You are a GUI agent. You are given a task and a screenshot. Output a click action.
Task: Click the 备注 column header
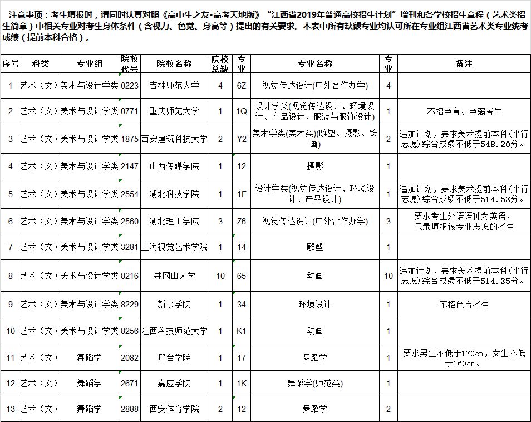click(x=464, y=63)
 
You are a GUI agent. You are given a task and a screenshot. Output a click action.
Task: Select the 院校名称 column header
click(x=174, y=63)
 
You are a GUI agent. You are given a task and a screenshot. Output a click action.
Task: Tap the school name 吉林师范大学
click(x=174, y=85)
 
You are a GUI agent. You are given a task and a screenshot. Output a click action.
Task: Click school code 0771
click(x=129, y=111)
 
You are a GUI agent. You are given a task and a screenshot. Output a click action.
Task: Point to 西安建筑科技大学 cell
click(x=174, y=139)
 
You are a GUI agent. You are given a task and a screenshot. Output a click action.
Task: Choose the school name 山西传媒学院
click(x=174, y=166)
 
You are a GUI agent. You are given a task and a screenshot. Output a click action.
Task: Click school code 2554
click(x=129, y=194)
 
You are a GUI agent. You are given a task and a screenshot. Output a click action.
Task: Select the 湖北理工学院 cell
click(x=174, y=221)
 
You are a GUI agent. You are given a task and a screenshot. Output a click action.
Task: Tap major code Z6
click(x=241, y=221)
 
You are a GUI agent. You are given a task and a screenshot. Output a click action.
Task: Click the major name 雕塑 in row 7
click(x=315, y=247)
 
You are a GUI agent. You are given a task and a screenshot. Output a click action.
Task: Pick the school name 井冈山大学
click(x=174, y=276)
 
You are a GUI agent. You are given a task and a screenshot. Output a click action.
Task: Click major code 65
click(x=241, y=276)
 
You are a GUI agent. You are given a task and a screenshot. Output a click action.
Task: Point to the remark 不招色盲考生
click(x=464, y=305)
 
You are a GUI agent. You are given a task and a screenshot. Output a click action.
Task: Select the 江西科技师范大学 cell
click(x=174, y=331)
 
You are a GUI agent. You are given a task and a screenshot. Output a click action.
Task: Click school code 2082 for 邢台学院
click(x=129, y=357)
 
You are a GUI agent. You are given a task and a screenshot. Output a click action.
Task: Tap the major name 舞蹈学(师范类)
click(x=315, y=383)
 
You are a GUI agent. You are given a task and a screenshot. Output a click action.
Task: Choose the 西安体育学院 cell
click(x=174, y=409)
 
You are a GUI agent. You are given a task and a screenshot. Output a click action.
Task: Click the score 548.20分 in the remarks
click(x=505, y=144)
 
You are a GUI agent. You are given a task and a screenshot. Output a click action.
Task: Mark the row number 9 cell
click(x=9, y=305)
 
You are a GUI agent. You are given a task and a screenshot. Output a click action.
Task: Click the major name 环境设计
click(x=315, y=305)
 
